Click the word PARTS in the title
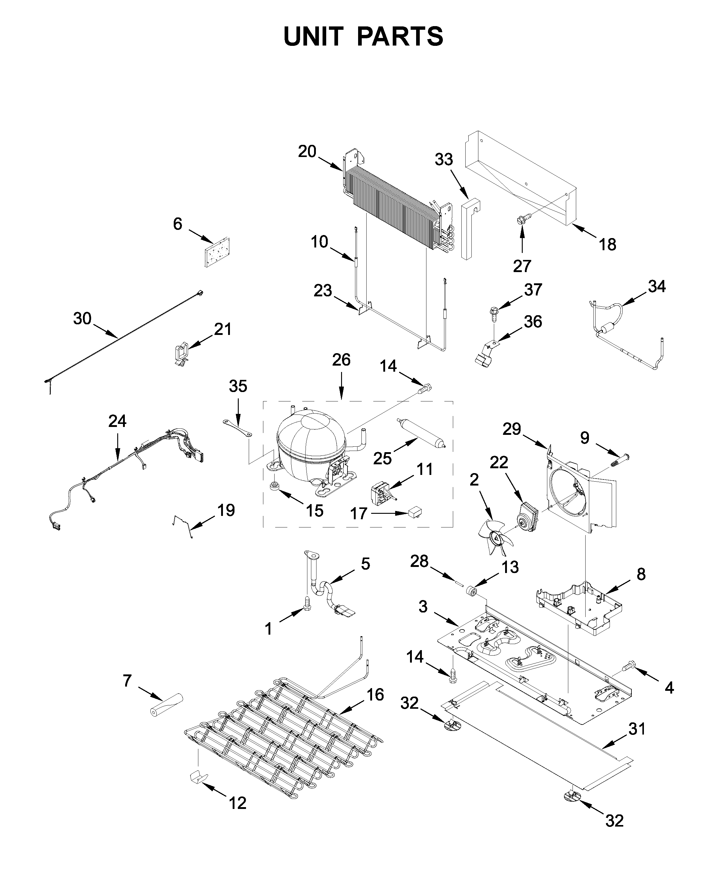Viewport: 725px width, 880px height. [x=400, y=36]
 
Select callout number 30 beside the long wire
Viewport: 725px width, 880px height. [x=82, y=319]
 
